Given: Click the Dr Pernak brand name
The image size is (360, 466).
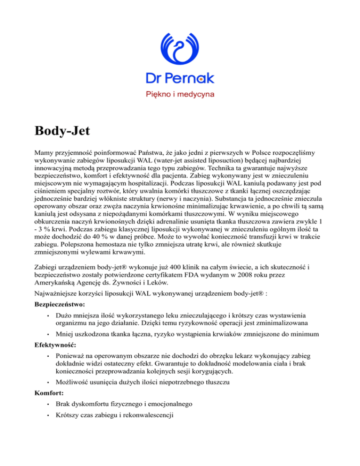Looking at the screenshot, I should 180,78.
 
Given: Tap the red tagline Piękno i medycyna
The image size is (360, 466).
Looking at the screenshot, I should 180,95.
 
